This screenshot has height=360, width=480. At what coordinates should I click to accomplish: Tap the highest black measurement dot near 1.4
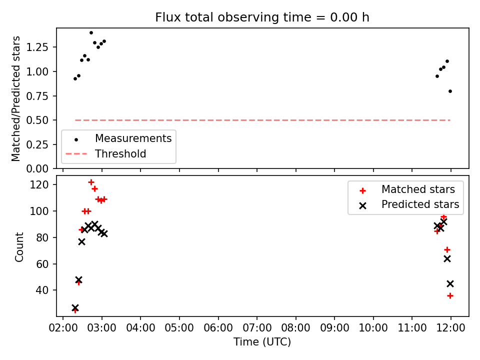pyautogui.click(x=91, y=33)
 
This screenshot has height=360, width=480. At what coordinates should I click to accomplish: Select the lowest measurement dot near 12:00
pyautogui.click(x=450, y=91)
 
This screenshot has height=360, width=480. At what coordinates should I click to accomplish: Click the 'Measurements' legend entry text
pyautogui.click(x=133, y=138)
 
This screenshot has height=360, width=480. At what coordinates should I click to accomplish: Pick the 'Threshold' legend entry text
pyautogui.click(x=120, y=153)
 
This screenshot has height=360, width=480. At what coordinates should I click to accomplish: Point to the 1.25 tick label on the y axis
pyautogui.click(x=37, y=47)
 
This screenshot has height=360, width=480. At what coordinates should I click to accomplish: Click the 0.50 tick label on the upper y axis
pyautogui.click(x=37, y=120)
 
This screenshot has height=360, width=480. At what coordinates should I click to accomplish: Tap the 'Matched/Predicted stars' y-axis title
pyautogui.click(x=15, y=98)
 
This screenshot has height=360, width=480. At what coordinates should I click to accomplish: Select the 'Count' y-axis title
pyautogui.click(x=19, y=246)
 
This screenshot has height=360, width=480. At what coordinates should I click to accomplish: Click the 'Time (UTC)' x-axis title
pyautogui.click(x=262, y=341)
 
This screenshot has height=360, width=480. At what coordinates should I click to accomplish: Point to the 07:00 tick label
pyautogui.click(x=257, y=328)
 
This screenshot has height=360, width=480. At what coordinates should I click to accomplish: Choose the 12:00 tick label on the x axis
pyautogui.click(x=450, y=328)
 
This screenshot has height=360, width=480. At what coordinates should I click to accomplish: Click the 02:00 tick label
pyautogui.click(x=63, y=328)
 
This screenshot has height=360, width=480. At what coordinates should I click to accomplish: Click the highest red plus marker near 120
pyautogui.click(x=91, y=182)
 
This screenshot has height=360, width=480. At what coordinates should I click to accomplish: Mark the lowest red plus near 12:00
pyautogui.click(x=450, y=295)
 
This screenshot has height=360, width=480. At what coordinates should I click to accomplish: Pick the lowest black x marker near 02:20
pyautogui.click(x=75, y=307)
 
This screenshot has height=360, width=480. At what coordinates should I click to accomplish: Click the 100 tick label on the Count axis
pyautogui.click(x=39, y=211)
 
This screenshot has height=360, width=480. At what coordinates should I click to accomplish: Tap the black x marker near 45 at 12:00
pyautogui.click(x=450, y=284)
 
